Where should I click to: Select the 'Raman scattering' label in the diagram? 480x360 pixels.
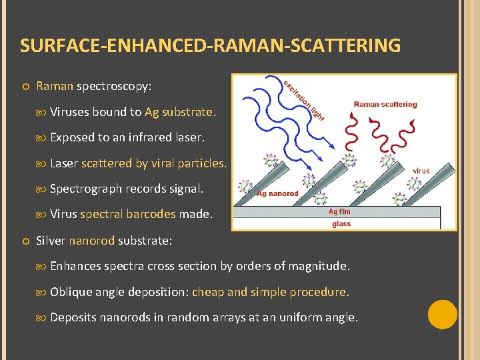[x=385, y=104]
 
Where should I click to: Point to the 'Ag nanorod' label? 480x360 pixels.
[x=277, y=194]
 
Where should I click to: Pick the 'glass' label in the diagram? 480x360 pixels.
[x=341, y=223]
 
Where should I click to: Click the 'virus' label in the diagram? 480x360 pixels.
[x=421, y=171]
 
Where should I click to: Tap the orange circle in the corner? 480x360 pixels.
[x=442, y=314]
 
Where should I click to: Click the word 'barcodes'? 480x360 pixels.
[x=151, y=214]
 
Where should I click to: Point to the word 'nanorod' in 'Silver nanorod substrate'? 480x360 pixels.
[x=92, y=240]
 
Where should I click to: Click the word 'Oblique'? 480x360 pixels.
[x=71, y=292]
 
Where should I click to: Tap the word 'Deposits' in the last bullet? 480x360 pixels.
[x=73, y=317]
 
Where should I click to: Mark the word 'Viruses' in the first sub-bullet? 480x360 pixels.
[x=69, y=112]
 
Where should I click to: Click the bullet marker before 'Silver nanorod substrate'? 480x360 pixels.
[x=24, y=240]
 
